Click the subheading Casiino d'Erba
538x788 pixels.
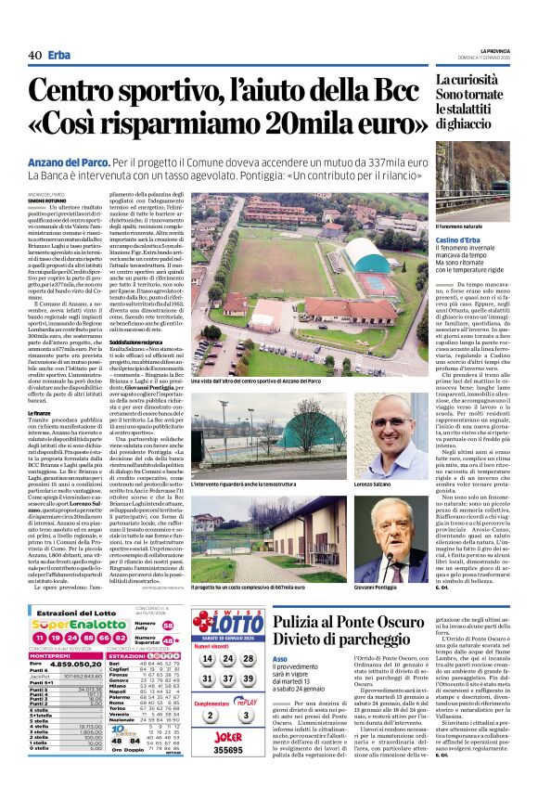pyautogui.click(x=459, y=239)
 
